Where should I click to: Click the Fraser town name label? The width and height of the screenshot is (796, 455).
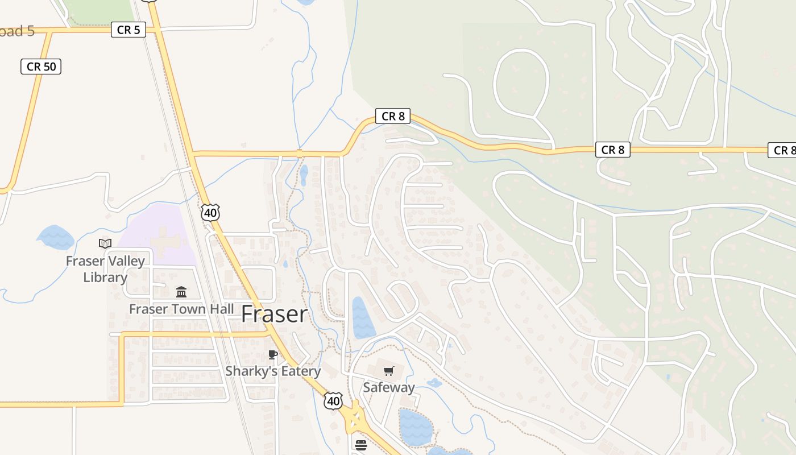point(275,314)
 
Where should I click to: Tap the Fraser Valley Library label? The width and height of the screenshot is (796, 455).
point(105,269)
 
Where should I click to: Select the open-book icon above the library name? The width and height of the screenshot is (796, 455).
point(105,244)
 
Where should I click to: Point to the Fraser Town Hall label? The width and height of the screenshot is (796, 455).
point(181,309)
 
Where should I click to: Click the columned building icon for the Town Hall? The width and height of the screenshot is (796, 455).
point(181,292)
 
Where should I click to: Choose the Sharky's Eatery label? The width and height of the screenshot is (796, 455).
point(273,371)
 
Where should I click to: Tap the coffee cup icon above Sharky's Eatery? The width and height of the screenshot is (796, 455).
point(273,355)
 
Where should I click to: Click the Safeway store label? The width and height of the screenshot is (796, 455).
point(389,387)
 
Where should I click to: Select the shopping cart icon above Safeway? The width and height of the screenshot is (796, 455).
point(389,371)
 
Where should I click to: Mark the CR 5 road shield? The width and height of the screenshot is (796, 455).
point(128,30)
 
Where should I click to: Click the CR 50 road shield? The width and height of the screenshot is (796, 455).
point(42,67)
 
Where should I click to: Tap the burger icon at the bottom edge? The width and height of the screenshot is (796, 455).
point(361,445)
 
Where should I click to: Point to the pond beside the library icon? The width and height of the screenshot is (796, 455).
point(56,237)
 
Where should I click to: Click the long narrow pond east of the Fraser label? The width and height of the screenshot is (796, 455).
point(362,317)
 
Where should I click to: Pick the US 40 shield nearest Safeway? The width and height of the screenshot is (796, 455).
point(333,400)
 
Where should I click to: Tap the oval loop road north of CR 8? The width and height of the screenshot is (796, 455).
point(521,83)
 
